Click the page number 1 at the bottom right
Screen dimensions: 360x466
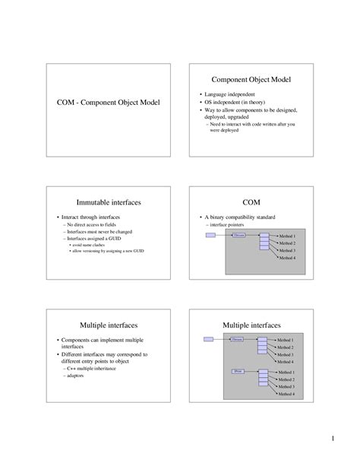pos(333,440)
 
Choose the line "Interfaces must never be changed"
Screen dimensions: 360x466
pos(97,232)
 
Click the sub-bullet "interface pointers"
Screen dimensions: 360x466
pos(228,226)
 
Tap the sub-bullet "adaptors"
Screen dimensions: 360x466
pos(75,376)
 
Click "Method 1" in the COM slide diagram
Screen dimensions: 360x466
pos(287,237)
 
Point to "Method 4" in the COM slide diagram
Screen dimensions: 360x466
pos(287,258)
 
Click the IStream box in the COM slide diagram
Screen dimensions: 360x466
pos(239,236)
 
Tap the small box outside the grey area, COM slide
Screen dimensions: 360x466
pos(210,236)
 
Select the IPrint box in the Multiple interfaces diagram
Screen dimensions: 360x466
pos(238,370)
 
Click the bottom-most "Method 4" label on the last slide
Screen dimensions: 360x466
pos(286,394)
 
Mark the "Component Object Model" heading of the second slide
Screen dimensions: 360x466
pos(251,80)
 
